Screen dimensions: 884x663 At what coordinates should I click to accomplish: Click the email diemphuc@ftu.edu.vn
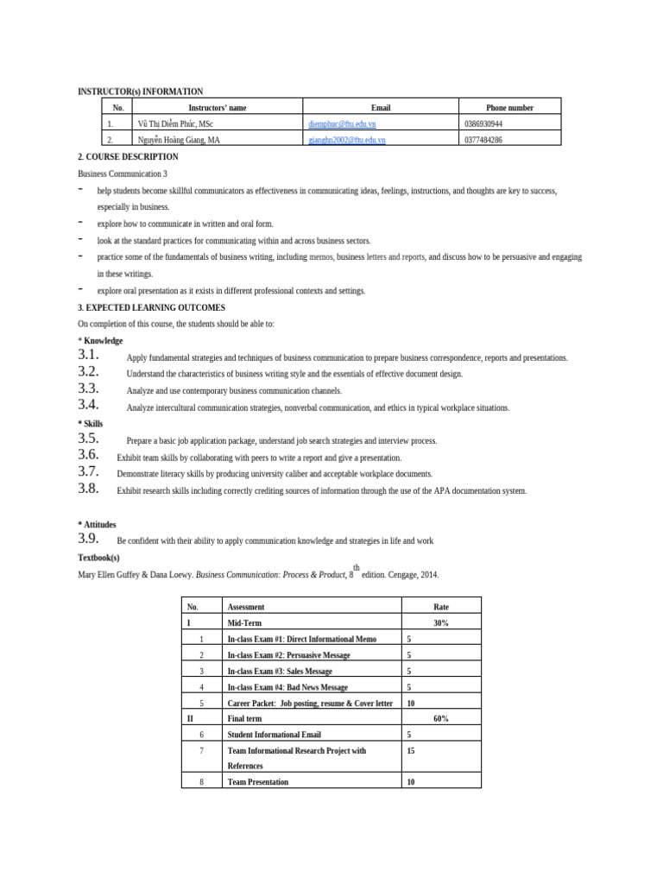[x=336, y=123]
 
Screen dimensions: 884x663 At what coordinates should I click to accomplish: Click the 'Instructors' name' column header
[x=218, y=108]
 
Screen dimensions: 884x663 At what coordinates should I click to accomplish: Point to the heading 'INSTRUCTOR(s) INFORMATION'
[x=141, y=91]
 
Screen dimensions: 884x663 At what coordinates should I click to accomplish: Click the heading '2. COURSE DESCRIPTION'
[x=129, y=157]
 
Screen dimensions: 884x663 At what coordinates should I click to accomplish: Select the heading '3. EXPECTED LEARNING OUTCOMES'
[x=151, y=307]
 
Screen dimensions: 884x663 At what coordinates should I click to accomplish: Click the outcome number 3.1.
[x=89, y=356]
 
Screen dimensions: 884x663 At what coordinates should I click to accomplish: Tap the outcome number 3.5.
[x=89, y=439]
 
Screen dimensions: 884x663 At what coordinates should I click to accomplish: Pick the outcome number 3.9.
[x=89, y=540]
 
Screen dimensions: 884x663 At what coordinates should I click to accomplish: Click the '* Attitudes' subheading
[x=97, y=524]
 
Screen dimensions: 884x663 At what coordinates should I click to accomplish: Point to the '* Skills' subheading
[x=90, y=424]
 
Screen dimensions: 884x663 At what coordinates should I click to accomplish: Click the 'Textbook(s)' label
[x=98, y=558]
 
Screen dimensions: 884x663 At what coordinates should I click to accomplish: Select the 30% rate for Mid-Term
[x=440, y=622]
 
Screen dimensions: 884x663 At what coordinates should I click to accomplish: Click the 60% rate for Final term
[x=440, y=718]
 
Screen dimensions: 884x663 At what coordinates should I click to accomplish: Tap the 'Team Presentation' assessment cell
[x=257, y=782]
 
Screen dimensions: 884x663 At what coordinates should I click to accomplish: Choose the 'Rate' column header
[x=440, y=607]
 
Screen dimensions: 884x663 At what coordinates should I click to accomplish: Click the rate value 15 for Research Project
[x=411, y=751]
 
